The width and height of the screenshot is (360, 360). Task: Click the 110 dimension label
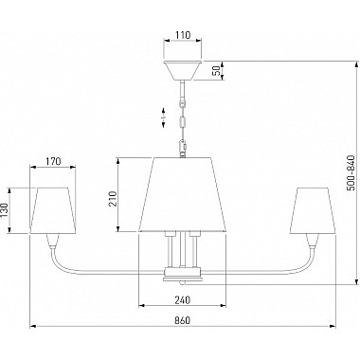(x=183, y=35)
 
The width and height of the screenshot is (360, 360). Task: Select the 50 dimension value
(x=217, y=70)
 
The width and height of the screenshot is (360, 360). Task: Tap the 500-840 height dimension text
(x=351, y=173)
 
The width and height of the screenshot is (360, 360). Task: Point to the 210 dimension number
(x=113, y=199)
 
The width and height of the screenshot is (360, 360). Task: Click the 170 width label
(x=53, y=162)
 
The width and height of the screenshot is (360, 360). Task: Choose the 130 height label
(x=4, y=210)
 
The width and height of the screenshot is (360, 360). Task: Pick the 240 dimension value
(x=182, y=299)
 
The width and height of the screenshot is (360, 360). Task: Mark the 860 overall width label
(x=182, y=320)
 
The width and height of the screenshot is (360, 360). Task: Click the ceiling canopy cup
(x=183, y=70)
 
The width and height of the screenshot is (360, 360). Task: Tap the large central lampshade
(x=183, y=194)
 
